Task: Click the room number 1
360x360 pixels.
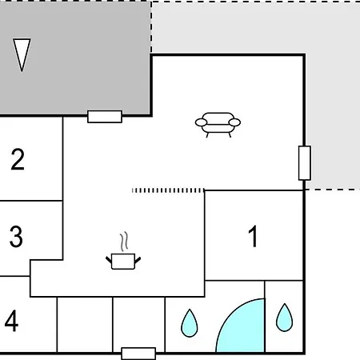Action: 253,236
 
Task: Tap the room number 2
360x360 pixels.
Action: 18,159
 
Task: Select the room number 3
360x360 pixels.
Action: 16,236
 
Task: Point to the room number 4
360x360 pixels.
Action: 11,321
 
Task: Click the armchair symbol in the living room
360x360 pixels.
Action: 218,125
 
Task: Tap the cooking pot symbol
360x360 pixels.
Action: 123,262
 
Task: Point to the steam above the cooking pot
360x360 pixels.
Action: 124,242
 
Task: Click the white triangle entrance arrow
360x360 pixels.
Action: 22,54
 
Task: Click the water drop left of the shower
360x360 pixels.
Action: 190,323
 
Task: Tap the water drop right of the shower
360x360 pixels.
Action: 284,318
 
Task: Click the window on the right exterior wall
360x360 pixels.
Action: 305,163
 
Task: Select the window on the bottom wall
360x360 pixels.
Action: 138,354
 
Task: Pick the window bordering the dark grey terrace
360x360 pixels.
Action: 105,117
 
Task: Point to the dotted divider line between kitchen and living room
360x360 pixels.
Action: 168,190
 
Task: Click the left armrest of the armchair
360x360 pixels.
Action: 201,122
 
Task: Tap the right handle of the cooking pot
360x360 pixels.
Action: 138,260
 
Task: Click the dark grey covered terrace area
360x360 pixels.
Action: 74,58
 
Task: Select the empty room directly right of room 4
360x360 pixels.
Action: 85,325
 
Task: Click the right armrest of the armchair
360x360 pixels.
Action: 234,122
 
